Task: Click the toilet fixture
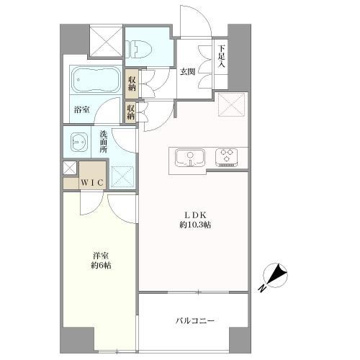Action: pos(138,49)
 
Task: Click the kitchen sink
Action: pos(190,158)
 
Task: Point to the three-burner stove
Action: pos(227,158)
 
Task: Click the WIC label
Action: pos(92,183)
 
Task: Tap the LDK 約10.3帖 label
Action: pos(196,220)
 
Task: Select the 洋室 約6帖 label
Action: pos(102,261)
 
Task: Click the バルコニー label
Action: pos(194,320)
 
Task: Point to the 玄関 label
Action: pos(188,71)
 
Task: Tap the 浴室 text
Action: pos(82,110)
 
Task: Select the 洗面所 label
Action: pos(104,142)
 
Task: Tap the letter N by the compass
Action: pos(262,288)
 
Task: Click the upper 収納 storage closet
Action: pos(132,84)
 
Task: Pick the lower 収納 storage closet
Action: pos(130,112)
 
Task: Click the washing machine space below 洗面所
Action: pos(122,176)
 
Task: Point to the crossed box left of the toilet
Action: pos(106,40)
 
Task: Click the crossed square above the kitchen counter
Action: pos(233,104)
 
